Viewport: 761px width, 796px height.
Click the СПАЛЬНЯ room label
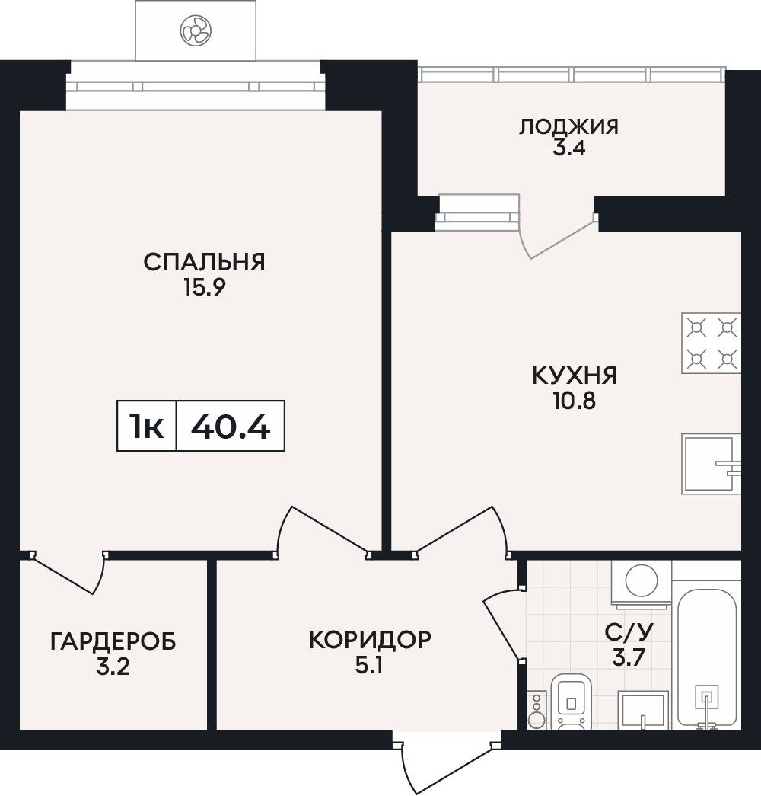coord(204,263)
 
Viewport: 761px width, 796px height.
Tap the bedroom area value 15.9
coord(205,288)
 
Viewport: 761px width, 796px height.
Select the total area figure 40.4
coord(231,426)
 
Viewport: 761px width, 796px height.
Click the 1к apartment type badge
coord(147,426)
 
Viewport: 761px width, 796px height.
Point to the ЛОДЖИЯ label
coord(568,126)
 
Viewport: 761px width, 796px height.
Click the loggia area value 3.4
coord(568,149)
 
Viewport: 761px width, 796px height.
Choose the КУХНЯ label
coord(575,376)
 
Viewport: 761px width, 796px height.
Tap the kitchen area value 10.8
coord(575,401)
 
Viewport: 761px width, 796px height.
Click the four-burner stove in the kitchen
coord(712,344)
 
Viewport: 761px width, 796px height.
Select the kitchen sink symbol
coord(712,464)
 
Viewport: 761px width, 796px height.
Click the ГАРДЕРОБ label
coord(113,641)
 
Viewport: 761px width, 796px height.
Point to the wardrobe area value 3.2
coord(113,667)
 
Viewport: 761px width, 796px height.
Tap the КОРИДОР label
coord(370,640)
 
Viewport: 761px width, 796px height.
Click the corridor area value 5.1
coord(369,665)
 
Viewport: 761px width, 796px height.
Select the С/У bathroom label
coord(629,632)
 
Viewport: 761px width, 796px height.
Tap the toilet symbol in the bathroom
coord(572,702)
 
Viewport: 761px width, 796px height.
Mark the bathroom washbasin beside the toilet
coord(643,710)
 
